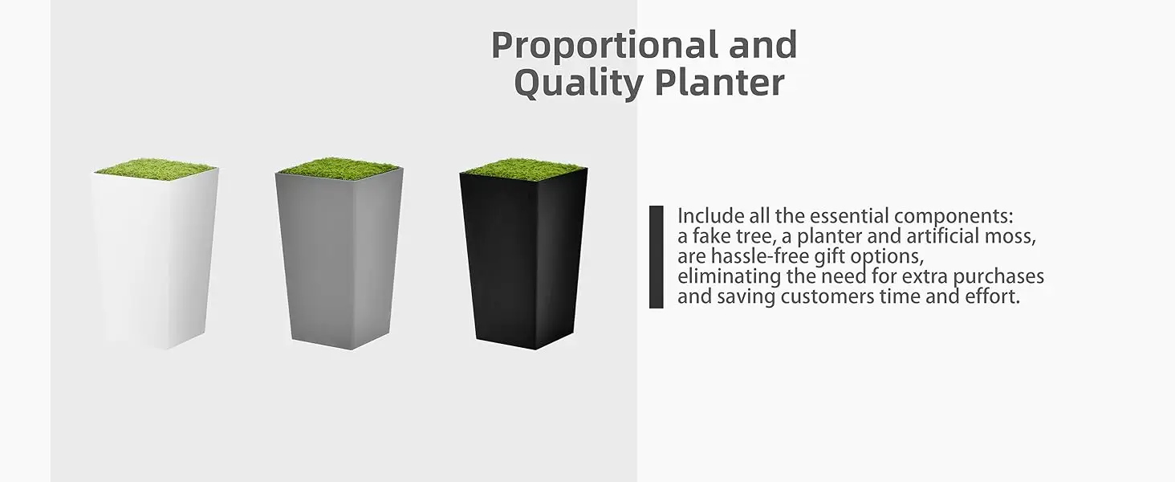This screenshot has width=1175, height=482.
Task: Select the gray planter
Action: click(x=338, y=257)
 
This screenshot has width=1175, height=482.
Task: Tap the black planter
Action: click(x=522, y=257)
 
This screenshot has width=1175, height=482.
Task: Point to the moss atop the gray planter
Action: click(x=339, y=168)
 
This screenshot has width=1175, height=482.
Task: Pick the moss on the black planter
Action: click(x=523, y=168)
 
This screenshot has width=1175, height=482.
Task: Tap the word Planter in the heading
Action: click(x=719, y=83)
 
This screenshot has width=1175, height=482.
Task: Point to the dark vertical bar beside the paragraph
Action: click(x=656, y=257)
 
